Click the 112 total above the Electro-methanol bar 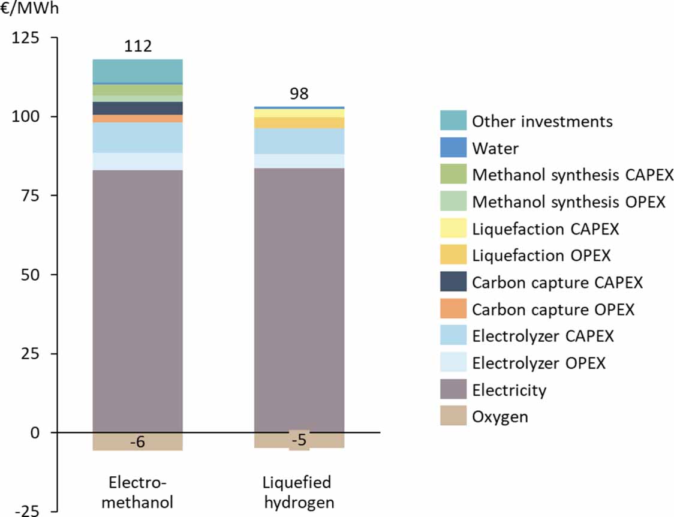point(137,47)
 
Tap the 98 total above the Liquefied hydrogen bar point(299,95)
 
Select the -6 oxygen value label point(137,442)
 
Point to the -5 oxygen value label point(299,441)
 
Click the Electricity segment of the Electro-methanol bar point(137,300)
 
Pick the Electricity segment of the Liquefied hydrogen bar point(299,300)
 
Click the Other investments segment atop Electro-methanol point(137,71)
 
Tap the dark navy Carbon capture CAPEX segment point(137,108)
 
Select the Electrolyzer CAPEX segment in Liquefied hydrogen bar point(299,141)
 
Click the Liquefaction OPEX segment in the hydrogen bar point(299,122)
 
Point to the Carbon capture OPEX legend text point(553,309)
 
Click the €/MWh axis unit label point(30,10)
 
